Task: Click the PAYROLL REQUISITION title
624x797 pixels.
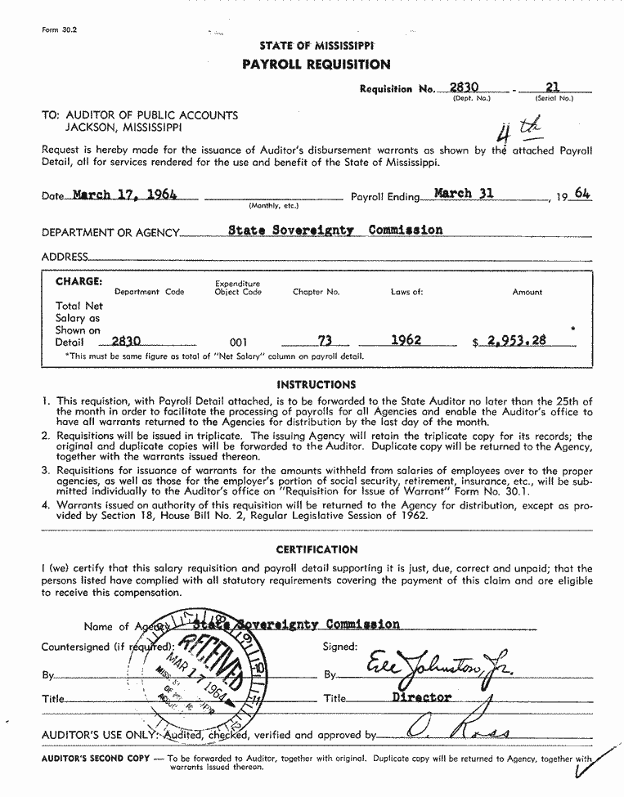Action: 316,65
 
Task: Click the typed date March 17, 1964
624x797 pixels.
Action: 124,195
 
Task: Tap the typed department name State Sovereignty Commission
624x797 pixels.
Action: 335,230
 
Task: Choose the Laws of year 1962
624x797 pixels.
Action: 406,340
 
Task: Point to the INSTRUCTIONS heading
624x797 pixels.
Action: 316,384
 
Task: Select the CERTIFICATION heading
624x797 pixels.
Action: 316,549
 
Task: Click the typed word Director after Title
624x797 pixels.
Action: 421,697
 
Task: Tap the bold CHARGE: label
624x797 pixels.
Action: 79,281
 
